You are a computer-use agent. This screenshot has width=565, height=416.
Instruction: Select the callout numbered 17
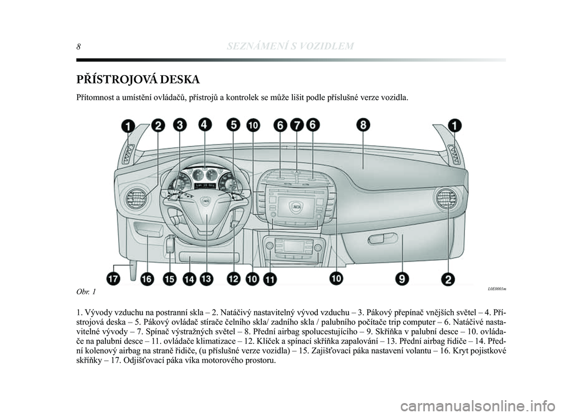(113, 279)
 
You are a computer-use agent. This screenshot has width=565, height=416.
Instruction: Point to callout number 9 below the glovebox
(401, 279)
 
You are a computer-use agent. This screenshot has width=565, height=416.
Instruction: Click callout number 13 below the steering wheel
(207, 279)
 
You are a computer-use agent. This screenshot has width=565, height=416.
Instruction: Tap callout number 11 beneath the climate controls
(270, 279)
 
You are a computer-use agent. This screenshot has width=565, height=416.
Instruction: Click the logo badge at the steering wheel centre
(207, 203)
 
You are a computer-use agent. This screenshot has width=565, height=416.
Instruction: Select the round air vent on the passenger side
(446, 199)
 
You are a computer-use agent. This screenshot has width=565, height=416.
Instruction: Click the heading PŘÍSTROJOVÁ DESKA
(138, 79)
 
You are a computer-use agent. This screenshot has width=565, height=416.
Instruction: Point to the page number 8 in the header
(78, 46)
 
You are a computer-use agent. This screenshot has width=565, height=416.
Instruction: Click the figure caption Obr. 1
(86, 291)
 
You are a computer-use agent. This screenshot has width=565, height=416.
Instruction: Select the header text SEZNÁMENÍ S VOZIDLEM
(290, 46)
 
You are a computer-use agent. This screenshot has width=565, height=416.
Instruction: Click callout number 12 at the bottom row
(234, 279)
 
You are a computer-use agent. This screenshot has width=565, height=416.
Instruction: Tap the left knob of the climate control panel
(269, 246)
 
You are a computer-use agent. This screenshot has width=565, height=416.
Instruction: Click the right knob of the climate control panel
(317, 247)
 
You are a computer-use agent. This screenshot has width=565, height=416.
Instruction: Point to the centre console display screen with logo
(296, 208)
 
